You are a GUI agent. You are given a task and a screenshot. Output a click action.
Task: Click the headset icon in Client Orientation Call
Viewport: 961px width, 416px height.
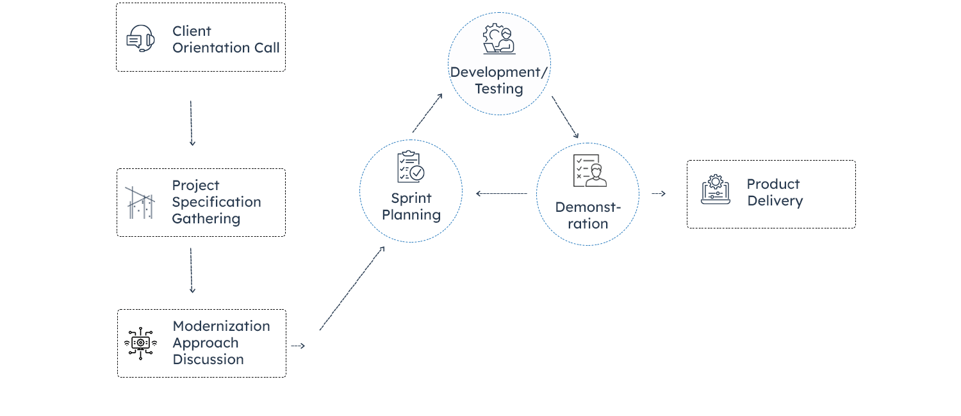coord(140,38)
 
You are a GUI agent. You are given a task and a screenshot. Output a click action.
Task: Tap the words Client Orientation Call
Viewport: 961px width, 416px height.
coord(226,39)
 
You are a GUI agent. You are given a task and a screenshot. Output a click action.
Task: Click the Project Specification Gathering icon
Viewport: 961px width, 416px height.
coord(140,203)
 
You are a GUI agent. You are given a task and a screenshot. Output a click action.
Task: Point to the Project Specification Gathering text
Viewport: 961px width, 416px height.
coord(216,202)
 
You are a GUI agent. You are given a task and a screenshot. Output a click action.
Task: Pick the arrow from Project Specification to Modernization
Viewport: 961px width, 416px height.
coord(192,270)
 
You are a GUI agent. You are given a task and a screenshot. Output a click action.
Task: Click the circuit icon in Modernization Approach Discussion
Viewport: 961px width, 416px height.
coord(140,343)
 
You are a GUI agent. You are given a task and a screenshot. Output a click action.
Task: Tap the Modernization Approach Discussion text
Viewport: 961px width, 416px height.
coord(221,343)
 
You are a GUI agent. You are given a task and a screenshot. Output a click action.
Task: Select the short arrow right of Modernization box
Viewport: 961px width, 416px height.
coord(297,346)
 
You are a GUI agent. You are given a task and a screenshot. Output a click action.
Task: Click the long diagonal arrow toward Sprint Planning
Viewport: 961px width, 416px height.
coord(352,288)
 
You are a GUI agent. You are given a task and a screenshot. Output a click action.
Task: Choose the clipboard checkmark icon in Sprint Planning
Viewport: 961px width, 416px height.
coord(410,166)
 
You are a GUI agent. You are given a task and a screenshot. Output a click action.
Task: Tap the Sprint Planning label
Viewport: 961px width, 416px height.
coord(411,207)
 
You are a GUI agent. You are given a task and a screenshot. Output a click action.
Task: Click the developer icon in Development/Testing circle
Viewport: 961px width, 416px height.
coord(498,40)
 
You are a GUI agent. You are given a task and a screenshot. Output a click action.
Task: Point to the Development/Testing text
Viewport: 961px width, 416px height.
coord(498,81)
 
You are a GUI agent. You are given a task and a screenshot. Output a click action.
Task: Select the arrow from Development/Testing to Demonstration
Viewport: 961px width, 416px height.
coord(565,118)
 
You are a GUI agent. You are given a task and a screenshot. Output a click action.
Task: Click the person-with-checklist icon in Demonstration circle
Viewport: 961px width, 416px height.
coord(589,171)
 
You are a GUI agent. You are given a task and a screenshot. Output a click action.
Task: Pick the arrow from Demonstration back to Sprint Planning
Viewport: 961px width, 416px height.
coord(502,193)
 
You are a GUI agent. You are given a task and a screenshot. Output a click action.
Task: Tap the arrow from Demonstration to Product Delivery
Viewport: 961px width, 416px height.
coord(659,193)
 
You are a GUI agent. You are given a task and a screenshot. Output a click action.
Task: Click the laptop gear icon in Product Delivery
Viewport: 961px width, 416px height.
coord(716,190)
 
